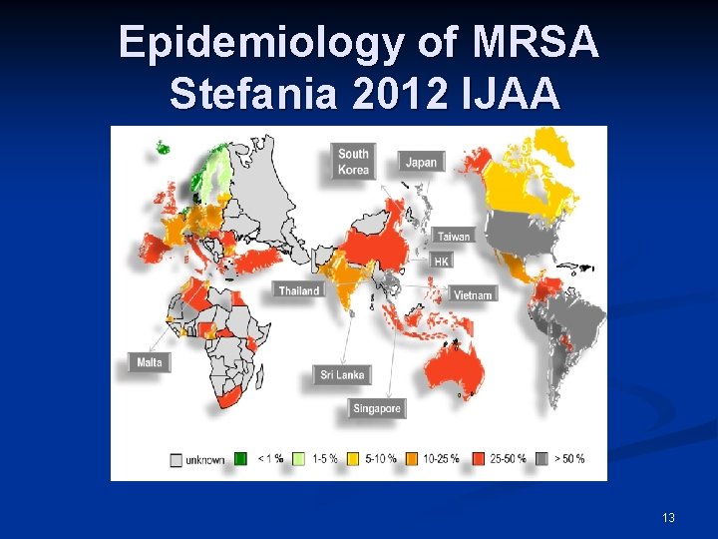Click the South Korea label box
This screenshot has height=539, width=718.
pyautogui.click(x=353, y=162)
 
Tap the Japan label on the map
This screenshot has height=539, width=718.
pyautogui.click(x=421, y=163)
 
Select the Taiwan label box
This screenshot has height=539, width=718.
pyautogui.click(x=453, y=237)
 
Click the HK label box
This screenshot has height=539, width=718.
pyautogui.click(x=442, y=261)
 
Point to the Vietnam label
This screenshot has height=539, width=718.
pyautogui.click(x=473, y=294)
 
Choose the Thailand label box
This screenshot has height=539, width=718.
pyautogui.click(x=299, y=290)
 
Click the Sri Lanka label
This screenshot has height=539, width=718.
pyautogui.click(x=342, y=375)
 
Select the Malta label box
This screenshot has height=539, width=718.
pyautogui.click(x=150, y=362)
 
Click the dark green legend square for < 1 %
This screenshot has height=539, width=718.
pyautogui.click(x=240, y=459)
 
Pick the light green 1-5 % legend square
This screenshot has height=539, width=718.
pyautogui.click(x=296, y=459)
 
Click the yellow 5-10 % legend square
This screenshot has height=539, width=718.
pyautogui.click(x=351, y=459)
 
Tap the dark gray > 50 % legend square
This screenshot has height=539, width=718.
pyautogui.click(x=542, y=459)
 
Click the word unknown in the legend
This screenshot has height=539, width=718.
pyautogui.click(x=204, y=459)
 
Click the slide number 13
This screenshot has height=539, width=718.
pyautogui.click(x=668, y=517)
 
